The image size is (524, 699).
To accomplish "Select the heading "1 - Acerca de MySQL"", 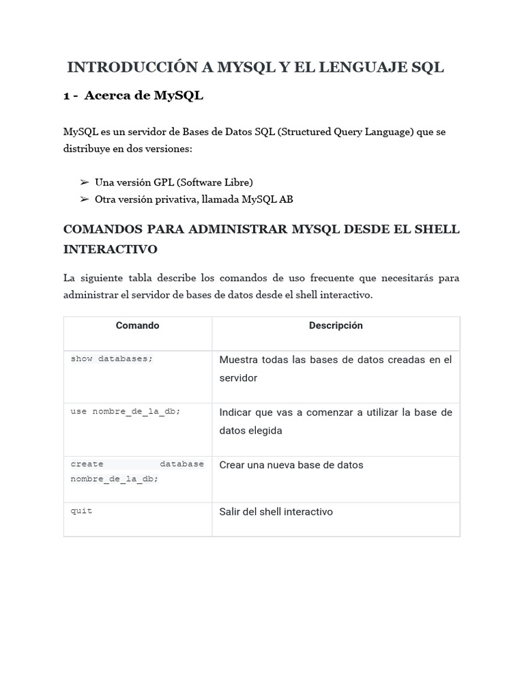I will coord(133,96).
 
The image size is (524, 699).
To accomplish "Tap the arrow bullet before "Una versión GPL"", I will coord(85,182).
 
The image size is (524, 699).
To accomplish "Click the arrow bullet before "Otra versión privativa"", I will coord(85,199).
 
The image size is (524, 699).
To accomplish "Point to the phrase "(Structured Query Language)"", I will coord(345,132).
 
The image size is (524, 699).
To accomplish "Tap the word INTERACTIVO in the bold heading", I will coord(110,249).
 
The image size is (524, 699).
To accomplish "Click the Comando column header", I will coord(137,326).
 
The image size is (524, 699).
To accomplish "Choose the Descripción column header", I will coord(336,326).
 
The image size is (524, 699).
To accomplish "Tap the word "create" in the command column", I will coord(87,464).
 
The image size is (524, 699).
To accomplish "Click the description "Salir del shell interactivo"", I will coord(276,512).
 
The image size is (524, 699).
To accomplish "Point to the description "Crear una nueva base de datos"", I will coord(291,465).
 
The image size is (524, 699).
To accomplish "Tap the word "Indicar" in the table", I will coord(236,412).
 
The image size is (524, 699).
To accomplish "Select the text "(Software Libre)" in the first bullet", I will coord(214,182).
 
